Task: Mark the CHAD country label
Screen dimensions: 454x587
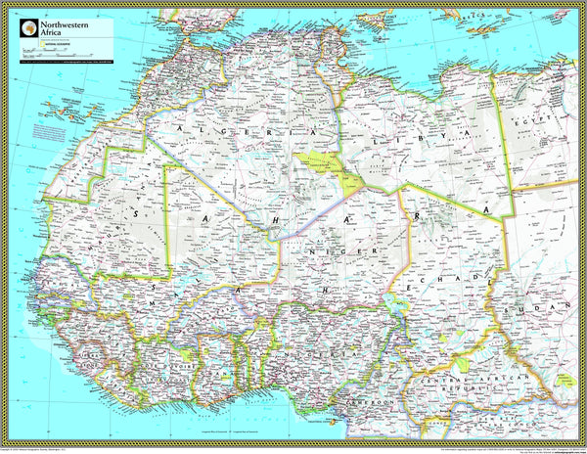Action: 450,279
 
